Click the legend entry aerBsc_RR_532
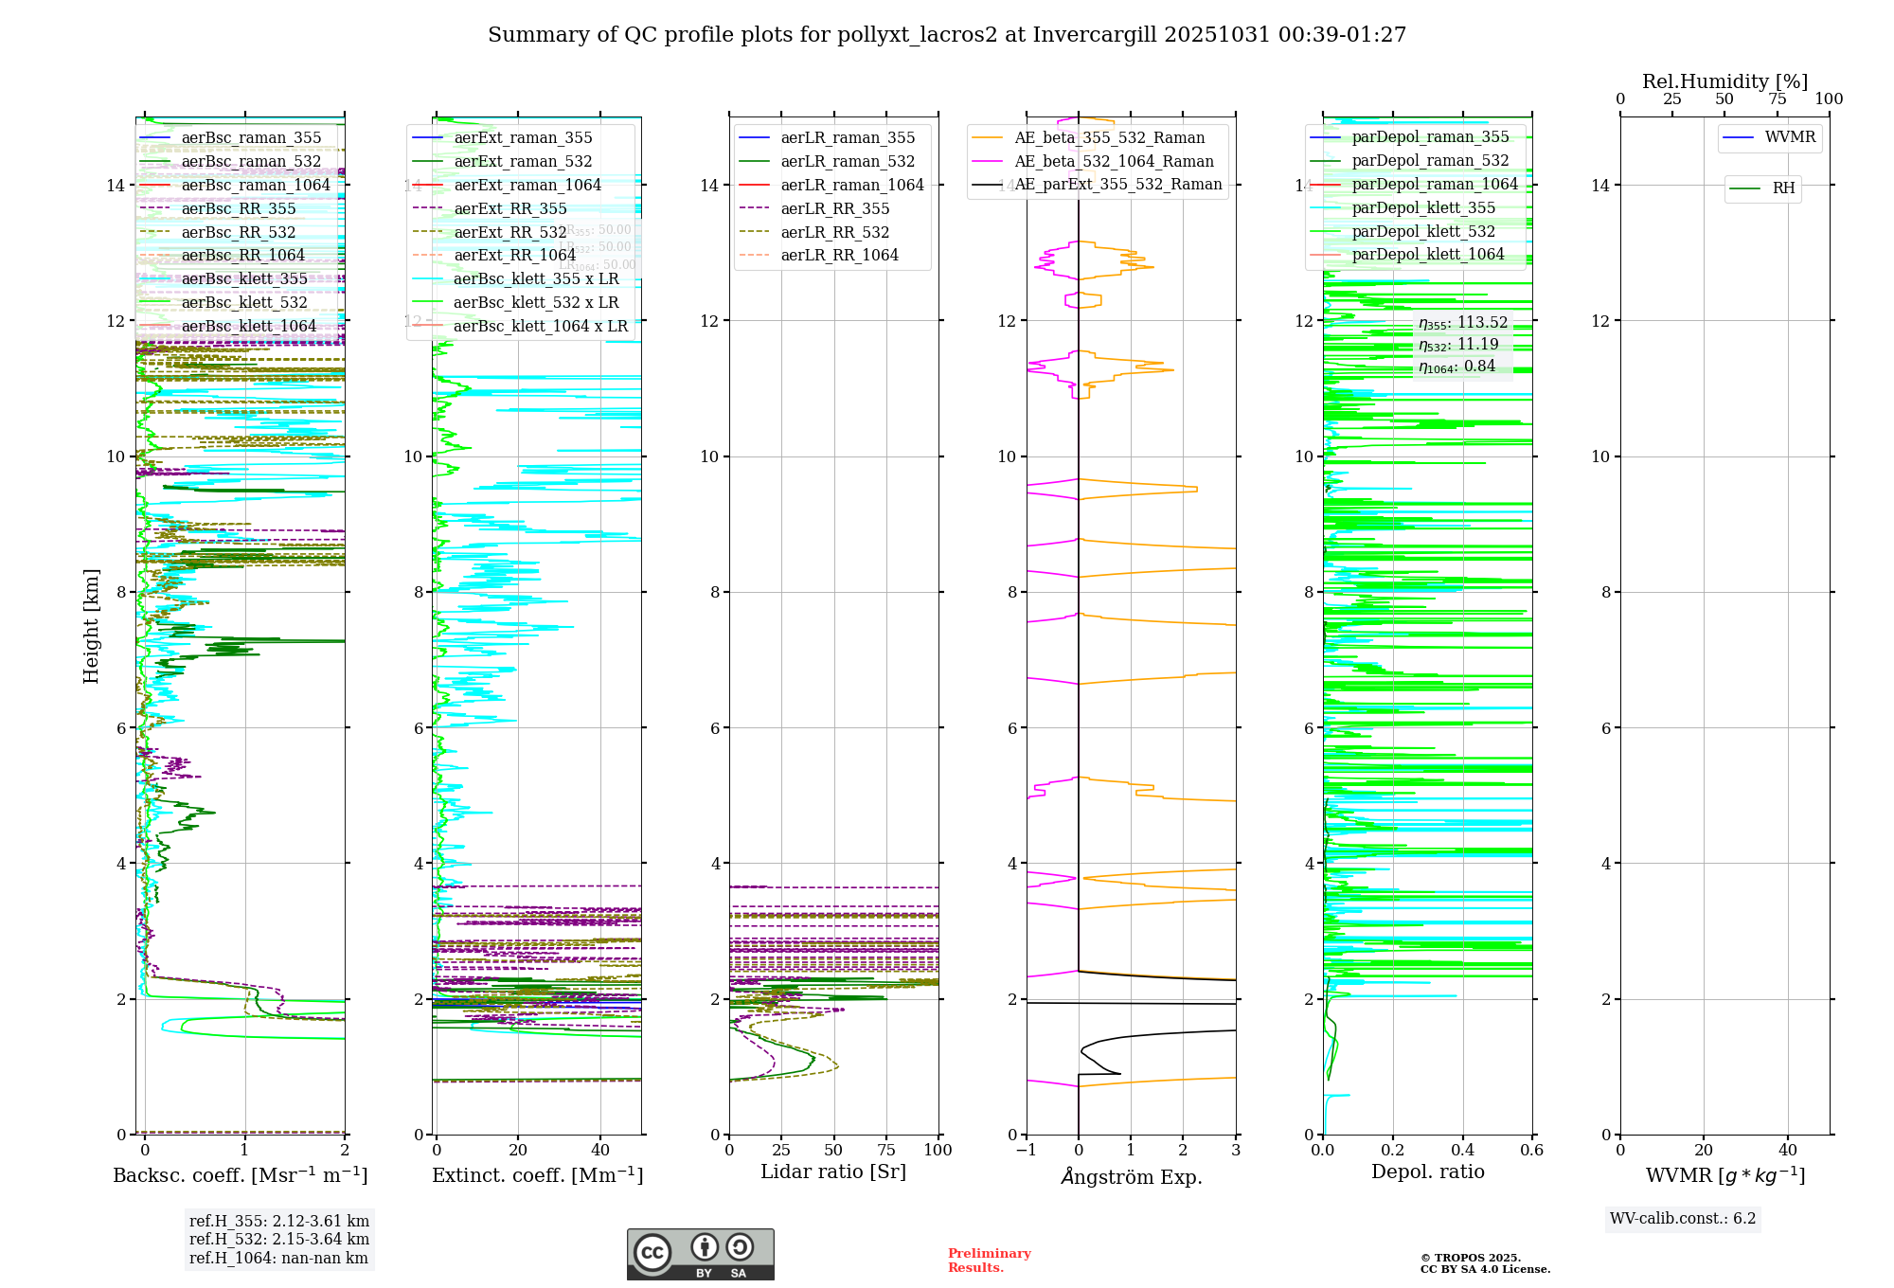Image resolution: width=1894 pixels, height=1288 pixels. (239, 232)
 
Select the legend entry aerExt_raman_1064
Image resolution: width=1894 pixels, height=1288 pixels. (527, 185)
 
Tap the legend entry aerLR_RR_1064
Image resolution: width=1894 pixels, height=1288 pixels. (839, 255)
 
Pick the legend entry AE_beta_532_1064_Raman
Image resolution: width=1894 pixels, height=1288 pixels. (1114, 161)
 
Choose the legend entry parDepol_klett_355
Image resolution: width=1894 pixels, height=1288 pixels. (1423, 207)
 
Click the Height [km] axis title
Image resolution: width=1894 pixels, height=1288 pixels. (91, 626)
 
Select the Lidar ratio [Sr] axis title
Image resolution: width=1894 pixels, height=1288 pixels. (833, 1172)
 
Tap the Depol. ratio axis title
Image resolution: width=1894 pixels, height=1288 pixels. (1427, 1172)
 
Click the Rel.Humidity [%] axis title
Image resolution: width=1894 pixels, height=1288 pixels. (1724, 81)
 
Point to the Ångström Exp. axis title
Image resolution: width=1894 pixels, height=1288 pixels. (1132, 1176)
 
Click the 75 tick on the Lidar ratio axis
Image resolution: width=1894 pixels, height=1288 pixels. (886, 1150)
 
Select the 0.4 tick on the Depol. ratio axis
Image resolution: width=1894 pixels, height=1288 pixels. (1462, 1150)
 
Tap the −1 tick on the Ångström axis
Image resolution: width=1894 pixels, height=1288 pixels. (1027, 1150)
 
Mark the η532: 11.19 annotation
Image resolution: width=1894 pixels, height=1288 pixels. (1458, 345)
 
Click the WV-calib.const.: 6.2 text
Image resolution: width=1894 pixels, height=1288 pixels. (1683, 1219)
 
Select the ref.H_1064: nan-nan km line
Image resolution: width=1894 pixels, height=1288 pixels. (278, 1258)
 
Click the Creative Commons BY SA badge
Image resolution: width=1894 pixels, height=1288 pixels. (700, 1254)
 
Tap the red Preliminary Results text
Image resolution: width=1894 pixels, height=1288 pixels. (989, 1261)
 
